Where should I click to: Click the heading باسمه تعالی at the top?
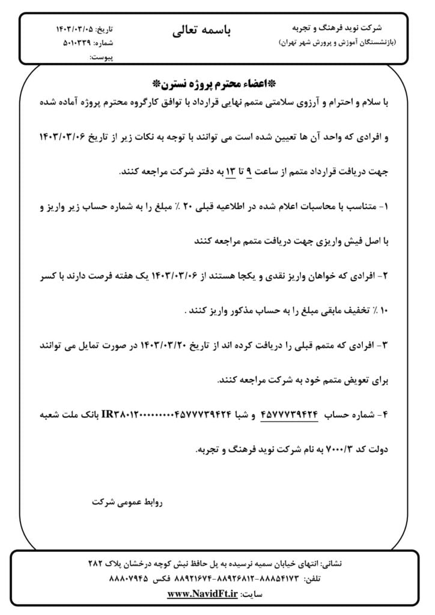pos(201,31)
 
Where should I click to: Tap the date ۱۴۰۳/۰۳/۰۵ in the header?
pos(75,29)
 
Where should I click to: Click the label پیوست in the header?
pos(101,58)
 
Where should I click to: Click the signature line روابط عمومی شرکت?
pos(127,500)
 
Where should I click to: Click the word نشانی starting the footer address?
pos(331,565)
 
